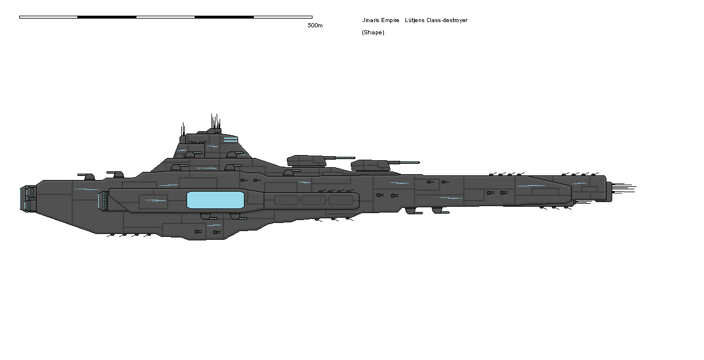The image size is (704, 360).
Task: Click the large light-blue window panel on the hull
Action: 215,200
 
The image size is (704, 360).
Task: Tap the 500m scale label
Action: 315,26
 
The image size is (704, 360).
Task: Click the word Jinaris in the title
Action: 372,20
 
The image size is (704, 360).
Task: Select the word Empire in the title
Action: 391,20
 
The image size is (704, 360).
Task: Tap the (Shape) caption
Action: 373,33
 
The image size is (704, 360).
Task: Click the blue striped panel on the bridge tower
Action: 231,139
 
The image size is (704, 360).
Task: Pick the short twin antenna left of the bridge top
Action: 184,129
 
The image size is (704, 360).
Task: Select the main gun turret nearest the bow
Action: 371,165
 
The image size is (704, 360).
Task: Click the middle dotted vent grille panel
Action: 314,200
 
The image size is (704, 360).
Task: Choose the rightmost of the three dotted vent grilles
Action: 340,200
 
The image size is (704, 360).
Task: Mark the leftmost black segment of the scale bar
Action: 107,17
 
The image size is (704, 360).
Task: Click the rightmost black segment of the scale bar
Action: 224,17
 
